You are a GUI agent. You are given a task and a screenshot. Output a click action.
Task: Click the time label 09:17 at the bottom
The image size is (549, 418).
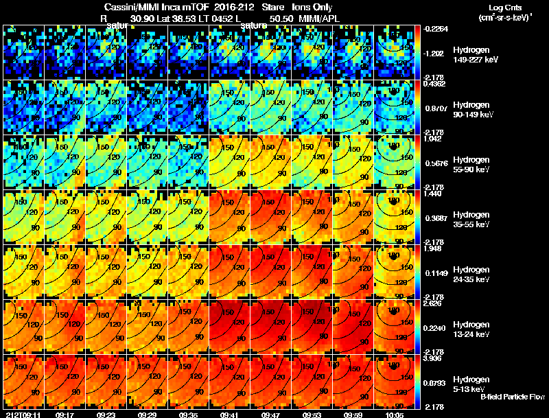tap(65, 415)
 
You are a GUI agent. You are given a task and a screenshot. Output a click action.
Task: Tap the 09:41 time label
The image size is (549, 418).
tap(230, 415)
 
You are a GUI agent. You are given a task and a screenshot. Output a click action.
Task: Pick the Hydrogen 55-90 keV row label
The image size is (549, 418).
tap(471, 165)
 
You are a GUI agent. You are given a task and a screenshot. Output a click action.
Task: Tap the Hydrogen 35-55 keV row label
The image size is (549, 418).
tap(471, 220)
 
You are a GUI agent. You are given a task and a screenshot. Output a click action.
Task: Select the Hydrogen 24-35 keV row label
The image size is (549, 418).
tap(471, 275)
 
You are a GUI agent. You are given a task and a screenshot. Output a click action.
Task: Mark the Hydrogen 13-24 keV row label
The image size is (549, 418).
tap(471, 329)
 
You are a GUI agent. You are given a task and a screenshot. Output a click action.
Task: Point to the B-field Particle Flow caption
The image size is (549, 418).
tap(512, 397)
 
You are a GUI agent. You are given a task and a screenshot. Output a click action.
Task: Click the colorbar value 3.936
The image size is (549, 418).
tap(432, 358)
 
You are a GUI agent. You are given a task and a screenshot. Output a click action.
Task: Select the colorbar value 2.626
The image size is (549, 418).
tap(432, 303)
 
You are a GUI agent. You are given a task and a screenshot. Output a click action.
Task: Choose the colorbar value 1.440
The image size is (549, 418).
tap(432, 194)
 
